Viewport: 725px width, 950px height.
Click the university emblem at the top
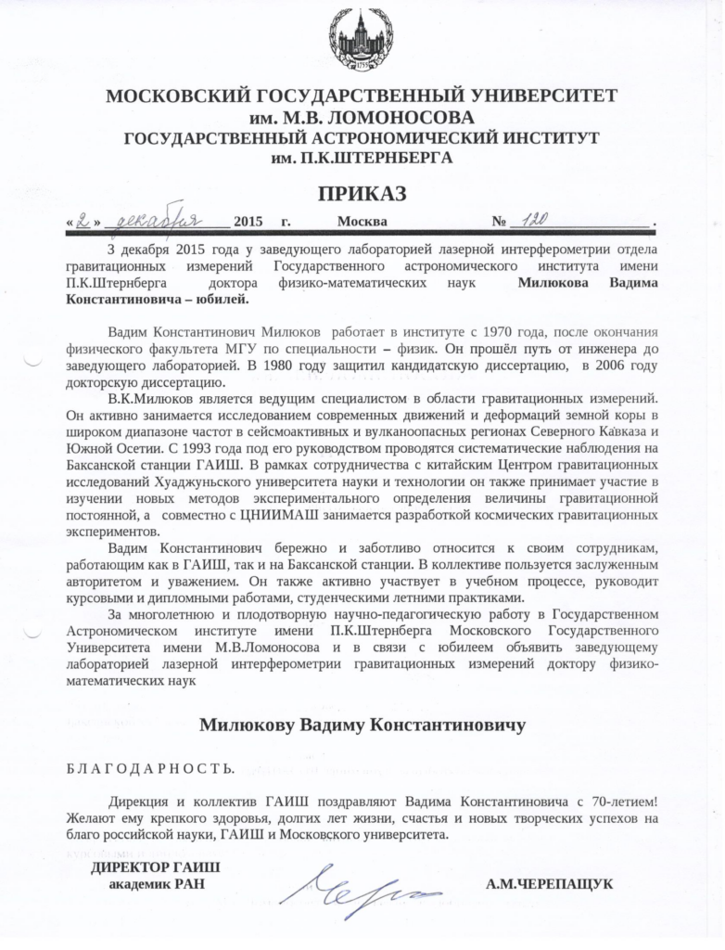click(x=362, y=42)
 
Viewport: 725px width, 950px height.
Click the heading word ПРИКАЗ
click(x=362, y=194)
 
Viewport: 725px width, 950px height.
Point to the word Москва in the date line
click(x=362, y=222)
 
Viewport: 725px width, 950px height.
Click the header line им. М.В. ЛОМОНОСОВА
click(x=362, y=119)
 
